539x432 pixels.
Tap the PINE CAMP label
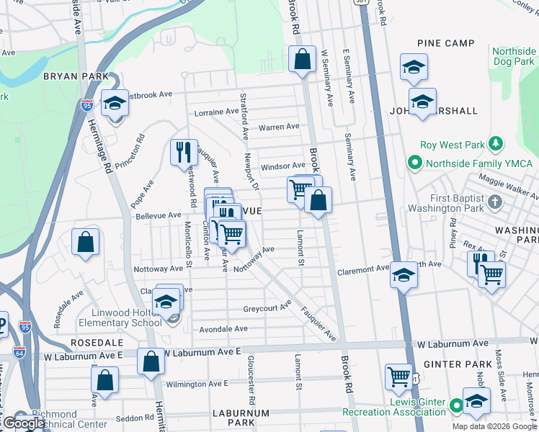click(x=450, y=43)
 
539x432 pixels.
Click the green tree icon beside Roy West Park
click(x=495, y=144)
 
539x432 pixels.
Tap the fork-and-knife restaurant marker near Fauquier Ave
click(x=182, y=152)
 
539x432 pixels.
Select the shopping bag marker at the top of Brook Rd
click(x=303, y=59)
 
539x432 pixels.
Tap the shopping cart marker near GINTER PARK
click(x=398, y=376)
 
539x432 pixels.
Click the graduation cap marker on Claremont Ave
click(x=404, y=275)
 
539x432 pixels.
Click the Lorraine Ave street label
click(x=216, y=112)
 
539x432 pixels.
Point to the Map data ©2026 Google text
click(x=494, y=426)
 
